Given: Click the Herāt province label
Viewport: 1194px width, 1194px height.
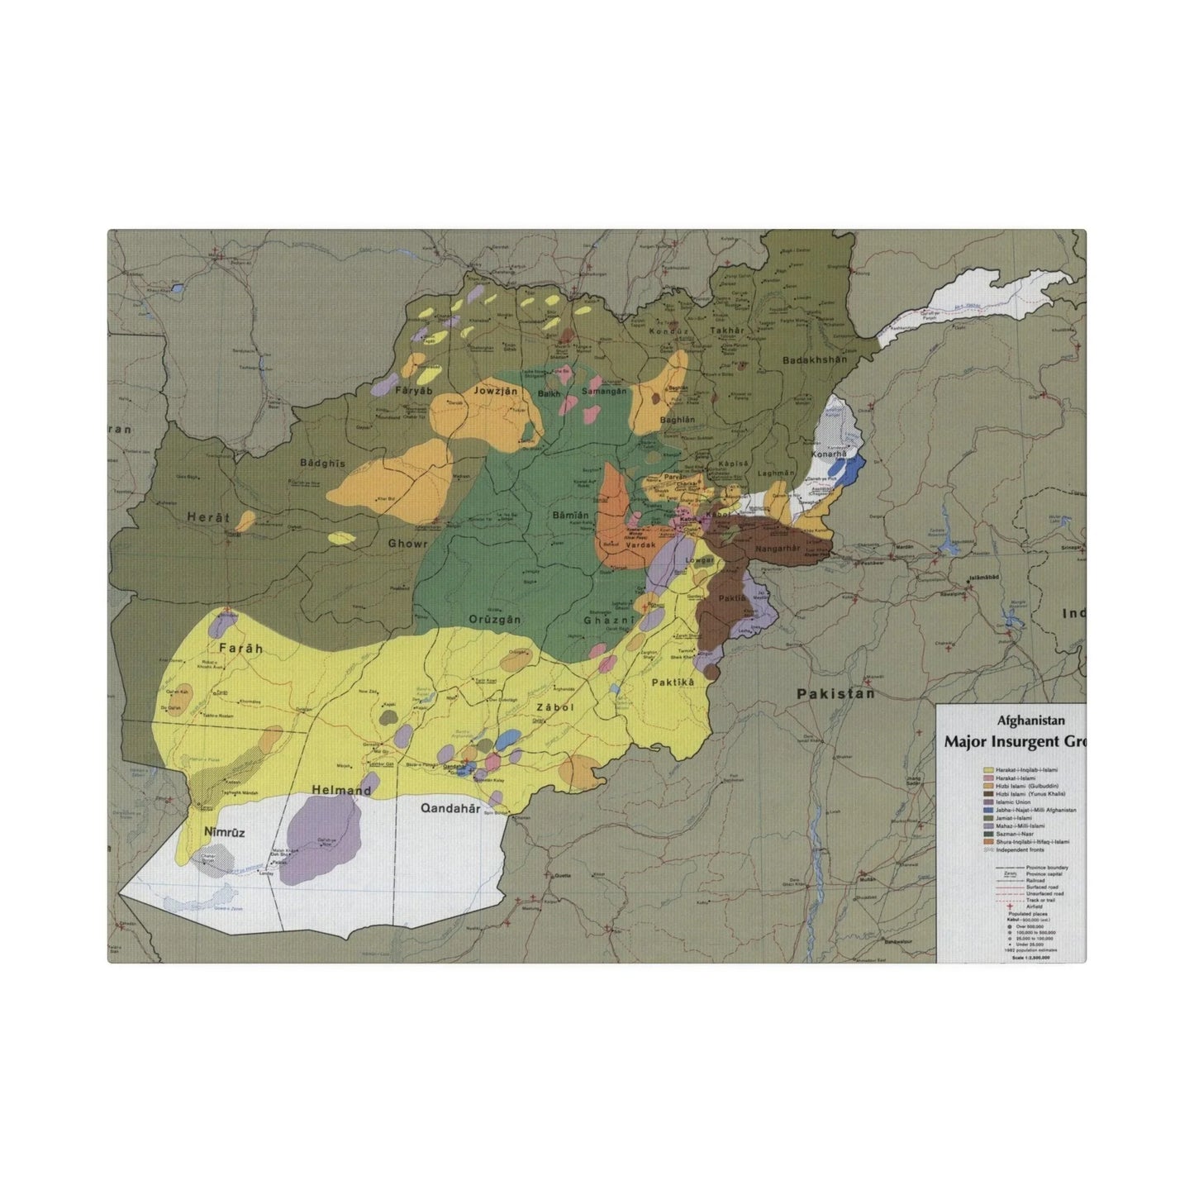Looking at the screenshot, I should [x=207, y=516].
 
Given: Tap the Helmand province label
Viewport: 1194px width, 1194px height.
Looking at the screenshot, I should [x=341, y=791].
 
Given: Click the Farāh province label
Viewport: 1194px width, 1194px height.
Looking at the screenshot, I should [x=240, y=649].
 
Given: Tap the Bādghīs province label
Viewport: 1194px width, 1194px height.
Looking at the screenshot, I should [x=323, y=464].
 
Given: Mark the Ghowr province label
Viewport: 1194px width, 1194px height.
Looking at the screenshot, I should [x=408, y=544].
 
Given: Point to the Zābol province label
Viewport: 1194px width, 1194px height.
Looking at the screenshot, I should [x=554, y=707].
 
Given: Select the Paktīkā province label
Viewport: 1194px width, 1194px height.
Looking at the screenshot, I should [x=674, y=683].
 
